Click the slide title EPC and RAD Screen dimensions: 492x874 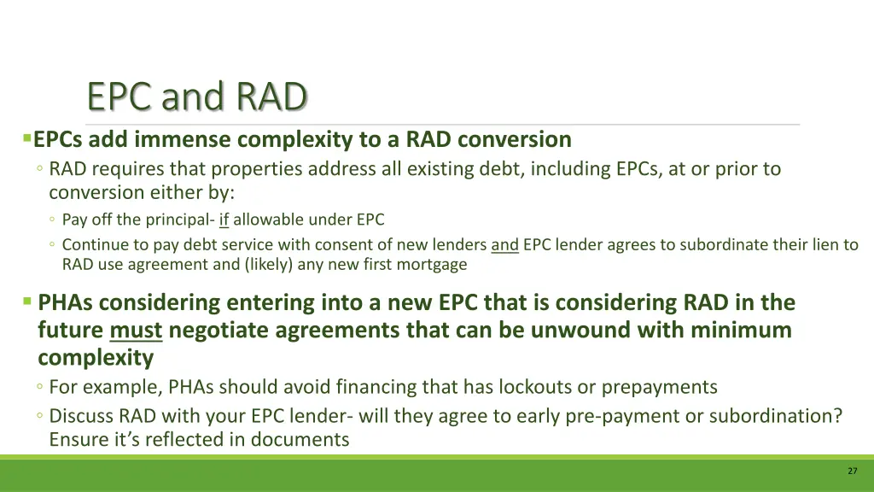(x=196, y=97)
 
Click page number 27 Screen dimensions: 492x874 (x=852, y=471)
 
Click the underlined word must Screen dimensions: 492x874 (x=137, y=331)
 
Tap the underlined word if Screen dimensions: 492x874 (x=224, y=220)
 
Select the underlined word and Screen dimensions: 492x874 (x=504, y=245)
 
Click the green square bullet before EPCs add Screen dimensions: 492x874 (x=27, y=138)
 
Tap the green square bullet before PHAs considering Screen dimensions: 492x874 (x=27, y=301)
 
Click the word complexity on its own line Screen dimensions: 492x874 (x=95, y=358)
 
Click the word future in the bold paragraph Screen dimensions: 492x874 (x=71, y=331)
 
